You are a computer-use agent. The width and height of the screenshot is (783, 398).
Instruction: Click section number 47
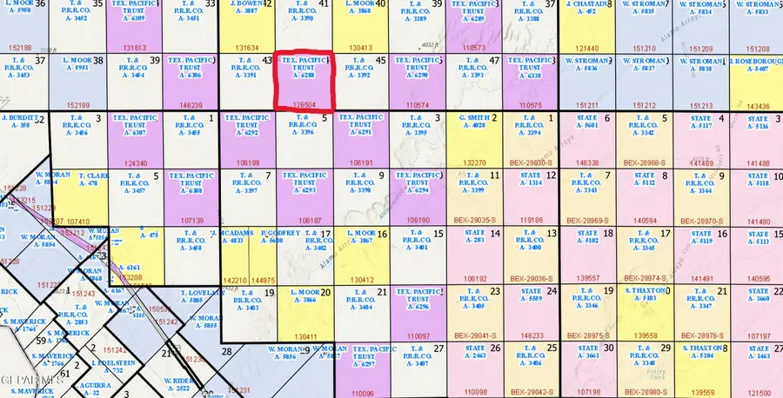[494, 60]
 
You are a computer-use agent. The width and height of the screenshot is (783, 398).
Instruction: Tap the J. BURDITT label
[19, 117]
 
